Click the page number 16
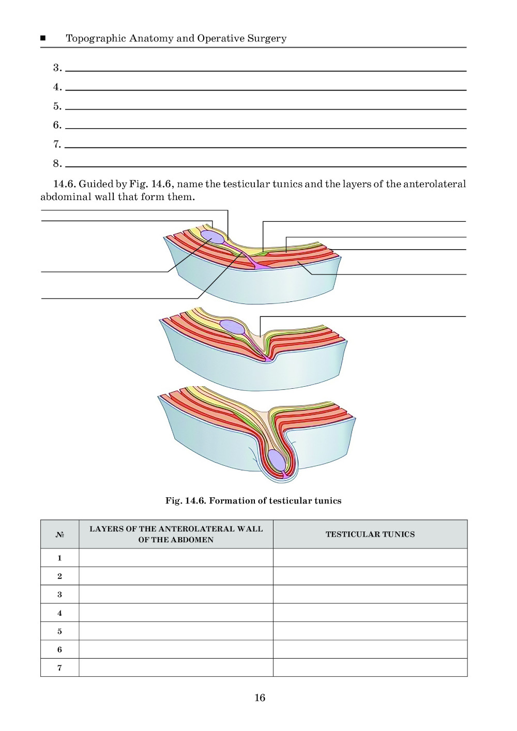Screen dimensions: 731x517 click(x=260, y=697)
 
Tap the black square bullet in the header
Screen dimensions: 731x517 click(x=43, y=38)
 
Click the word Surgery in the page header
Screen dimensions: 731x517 click(x=267, y=39)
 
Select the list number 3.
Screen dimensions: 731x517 click(x=57, y=68)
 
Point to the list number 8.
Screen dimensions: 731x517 click(x=57, y=163)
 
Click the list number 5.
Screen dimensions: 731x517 click(x=57, y=106)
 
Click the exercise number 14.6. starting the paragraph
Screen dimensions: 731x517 click(x=64, y=184)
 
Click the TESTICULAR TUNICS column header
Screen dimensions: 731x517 click(x=370, y=534)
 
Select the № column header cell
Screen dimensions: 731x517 click(x=59, y=534)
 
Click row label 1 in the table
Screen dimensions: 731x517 click(x=59, y=558)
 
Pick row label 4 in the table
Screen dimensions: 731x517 click(x=59, y=613)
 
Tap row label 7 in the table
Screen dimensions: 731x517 click(x=59, y=667)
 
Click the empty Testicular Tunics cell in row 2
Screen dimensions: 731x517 click(x=370, y=576)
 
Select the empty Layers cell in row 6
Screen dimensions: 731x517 click(x=176, y=649)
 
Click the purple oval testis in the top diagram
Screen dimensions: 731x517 click(x=212, y=237)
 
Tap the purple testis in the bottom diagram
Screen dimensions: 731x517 click(x=277, y=460)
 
